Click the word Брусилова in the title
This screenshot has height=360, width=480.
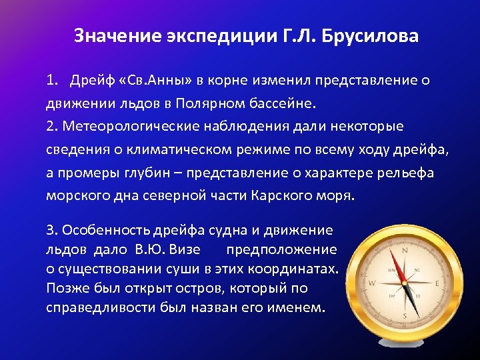point(369,35)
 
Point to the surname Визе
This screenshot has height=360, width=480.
point(183,250)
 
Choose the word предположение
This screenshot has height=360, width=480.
point(281,250)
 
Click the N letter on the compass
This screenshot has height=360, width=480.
point(404,252)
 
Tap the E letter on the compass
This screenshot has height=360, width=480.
point(437,283)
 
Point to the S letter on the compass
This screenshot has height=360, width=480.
point(404,315)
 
